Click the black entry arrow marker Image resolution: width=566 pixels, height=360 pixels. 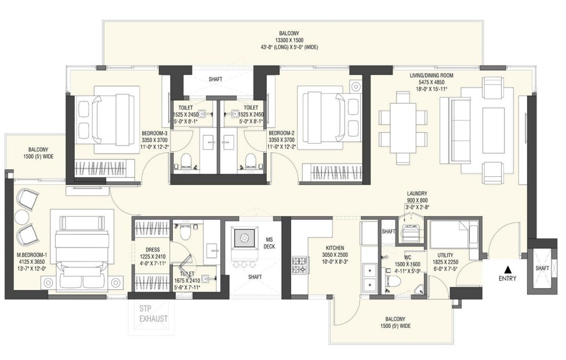pyautogui.click(x=509, y=269)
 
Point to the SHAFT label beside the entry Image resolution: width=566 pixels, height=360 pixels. pyautogui.click(x=542, y=268)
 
